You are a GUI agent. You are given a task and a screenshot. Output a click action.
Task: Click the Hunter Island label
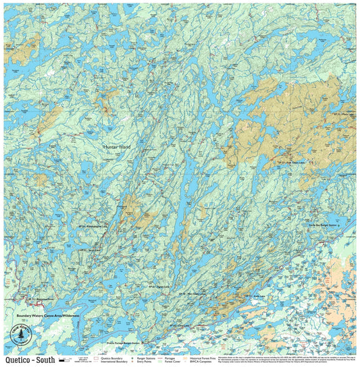[x=118, y=145]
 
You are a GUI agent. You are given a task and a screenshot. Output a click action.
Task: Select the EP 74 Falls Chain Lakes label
[x=292, y=163]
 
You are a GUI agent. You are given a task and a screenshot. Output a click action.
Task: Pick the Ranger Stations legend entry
[x=147, y=358]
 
